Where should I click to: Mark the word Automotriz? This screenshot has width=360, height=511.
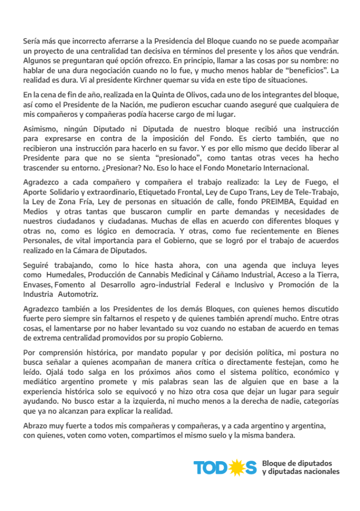pyautogui.click(x=81, y=295)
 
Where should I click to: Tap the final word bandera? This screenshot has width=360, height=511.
pyautogui.click(x=279, y=434)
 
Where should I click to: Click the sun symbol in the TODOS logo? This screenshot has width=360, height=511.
pyautogui.click(x=236, y=468)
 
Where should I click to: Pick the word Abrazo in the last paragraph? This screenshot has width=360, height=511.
pyautogui.click(x=36, y=425)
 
